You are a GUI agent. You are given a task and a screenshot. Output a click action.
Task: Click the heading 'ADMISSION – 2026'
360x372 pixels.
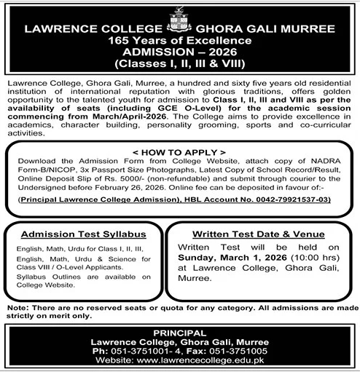[x=180, y=53]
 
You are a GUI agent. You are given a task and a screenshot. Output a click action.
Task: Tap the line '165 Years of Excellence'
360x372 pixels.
[x=180, y=41]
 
